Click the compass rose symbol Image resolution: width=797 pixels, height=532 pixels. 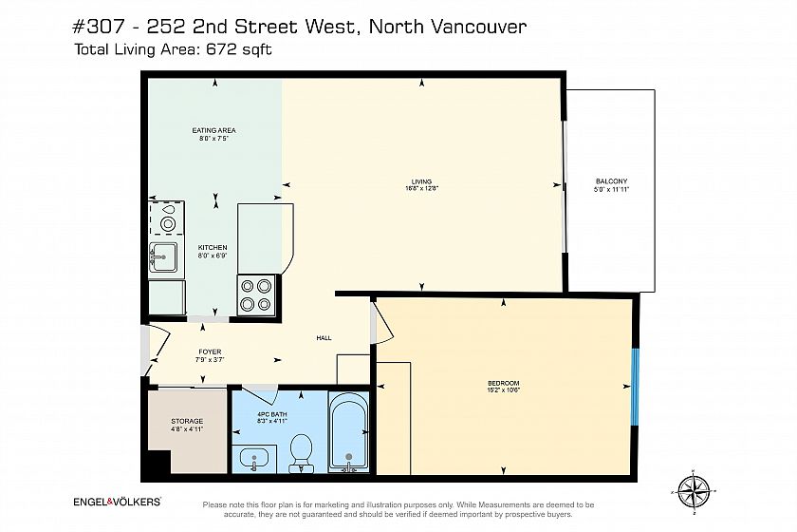pyautogui.click(x=694, y=492)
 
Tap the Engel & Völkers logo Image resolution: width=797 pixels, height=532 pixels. pyautogui.click(x=118, y=502)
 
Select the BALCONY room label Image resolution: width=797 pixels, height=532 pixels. pyautogui.click(x=611, y=181)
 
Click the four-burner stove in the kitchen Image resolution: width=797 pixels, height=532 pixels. pyautogui.click(x=255, y=295)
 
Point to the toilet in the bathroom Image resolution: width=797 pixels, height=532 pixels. pyautogui.click(x=301, y=452)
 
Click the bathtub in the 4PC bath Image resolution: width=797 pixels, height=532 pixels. pyautogui.click(x=348, y=431)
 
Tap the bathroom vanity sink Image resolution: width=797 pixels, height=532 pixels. pyautogui.click(x=254, y=459)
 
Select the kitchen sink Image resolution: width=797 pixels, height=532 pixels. pyautogui.click(x=162, y=259)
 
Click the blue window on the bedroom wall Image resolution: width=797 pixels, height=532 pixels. pyautogui.click(x=635, y=387)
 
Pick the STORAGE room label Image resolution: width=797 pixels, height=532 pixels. pyautogui.click(x=187, y=421)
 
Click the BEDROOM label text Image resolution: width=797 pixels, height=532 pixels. pyautogui.click(x=503, y=384)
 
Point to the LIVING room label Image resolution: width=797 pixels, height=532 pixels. pyautogui.click(x=421, y=181)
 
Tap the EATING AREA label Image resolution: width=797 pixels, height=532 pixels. pyautogui.click(x=214, y=130)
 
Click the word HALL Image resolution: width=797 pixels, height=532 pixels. pyautogui.click(x=324, y=337)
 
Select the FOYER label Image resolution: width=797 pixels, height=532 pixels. pyautogui.click(x=210, y=351)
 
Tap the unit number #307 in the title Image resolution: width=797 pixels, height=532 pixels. pyautogui.click(x=98, y=27)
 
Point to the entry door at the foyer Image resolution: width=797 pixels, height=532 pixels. pyautogui.click(x=158, y=351)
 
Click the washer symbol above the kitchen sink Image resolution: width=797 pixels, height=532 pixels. pyautogui.click(x=167, y=218)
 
